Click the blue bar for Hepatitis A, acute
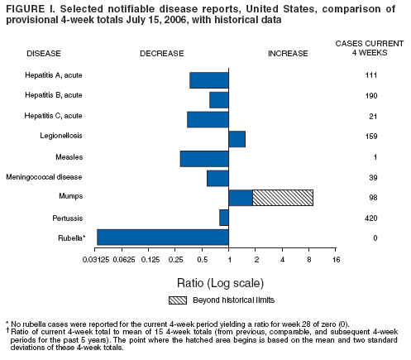(208, 80)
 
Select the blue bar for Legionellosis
(237, 139)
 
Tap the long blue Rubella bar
(162, 238)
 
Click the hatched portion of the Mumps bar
(282, 197)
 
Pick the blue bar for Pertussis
(223, 218)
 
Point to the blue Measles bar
(204, 158)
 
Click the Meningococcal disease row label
(44, 177)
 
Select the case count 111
(372, 75)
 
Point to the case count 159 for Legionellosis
(372, 137)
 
